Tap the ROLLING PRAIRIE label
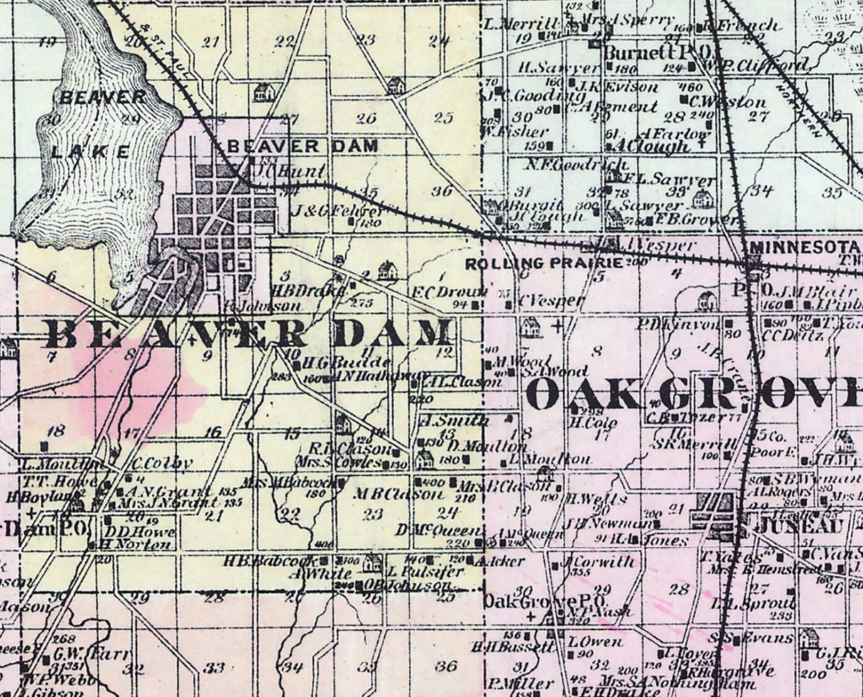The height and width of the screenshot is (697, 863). tap(544, 263)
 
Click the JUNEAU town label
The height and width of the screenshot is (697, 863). tap(795, 527)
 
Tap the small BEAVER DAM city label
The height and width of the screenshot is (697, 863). tap(302, 147)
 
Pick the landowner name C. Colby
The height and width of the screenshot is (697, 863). tap(162, 463)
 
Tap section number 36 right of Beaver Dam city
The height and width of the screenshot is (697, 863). tap(442, 191)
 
